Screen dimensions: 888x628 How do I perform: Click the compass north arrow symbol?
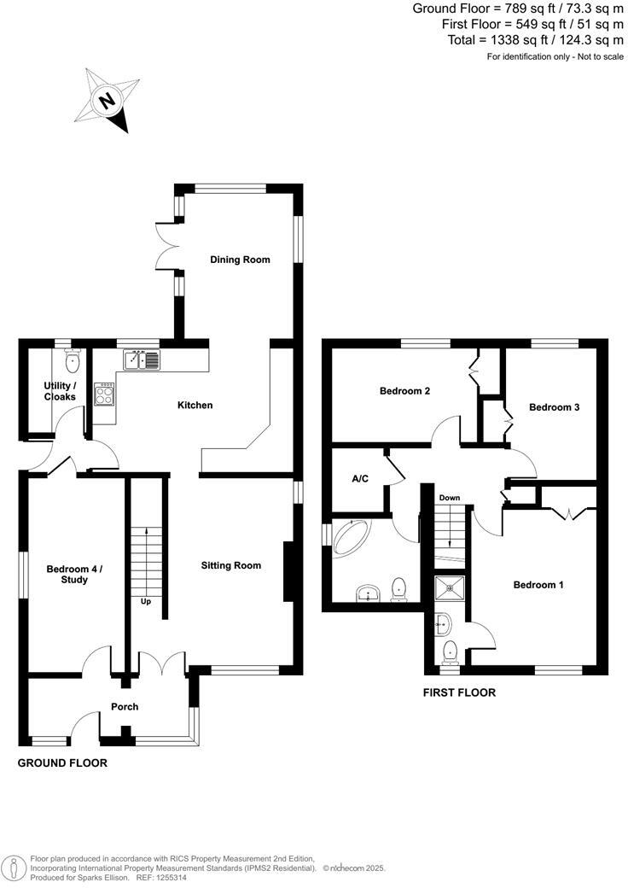pos(108,101)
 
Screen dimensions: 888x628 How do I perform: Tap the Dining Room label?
pos(240,260)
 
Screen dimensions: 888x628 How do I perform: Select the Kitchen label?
pos(195,405)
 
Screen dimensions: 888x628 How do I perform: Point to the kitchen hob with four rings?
pos(105,395)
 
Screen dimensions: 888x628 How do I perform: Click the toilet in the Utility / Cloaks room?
pos(71,359)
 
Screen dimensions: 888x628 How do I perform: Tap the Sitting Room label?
pos(230,565)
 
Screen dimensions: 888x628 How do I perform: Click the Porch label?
pos(125,707)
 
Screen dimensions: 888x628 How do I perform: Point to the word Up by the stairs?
pos(146,601)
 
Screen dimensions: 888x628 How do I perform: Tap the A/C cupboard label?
pos(360,478)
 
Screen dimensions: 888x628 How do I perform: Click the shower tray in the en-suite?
pos(446,587)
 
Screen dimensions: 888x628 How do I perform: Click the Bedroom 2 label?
pos(404,391)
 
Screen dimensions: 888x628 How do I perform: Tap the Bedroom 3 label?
pos(554,407)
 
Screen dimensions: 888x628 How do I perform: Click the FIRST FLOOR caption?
pos(459,692)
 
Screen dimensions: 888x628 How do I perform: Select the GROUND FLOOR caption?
pos(62,762)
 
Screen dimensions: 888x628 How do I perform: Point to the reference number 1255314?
pos(169,877)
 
